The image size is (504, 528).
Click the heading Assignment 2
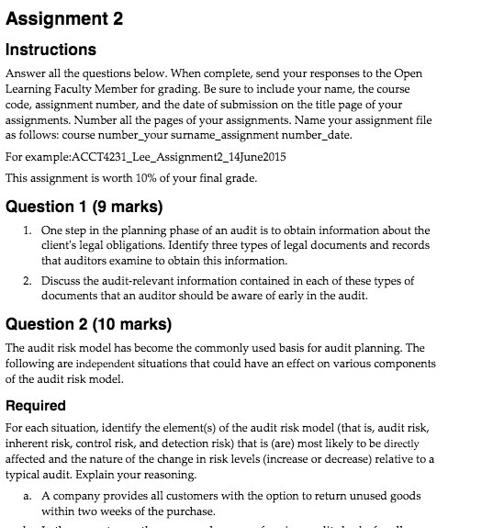click(64, 19)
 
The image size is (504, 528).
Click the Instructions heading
click(50, 50)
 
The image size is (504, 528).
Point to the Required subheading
click(35, 405)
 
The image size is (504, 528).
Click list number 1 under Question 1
click(27, 230)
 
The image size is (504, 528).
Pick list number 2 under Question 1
click(27, 280)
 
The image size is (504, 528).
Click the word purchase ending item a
click(188, 511)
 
